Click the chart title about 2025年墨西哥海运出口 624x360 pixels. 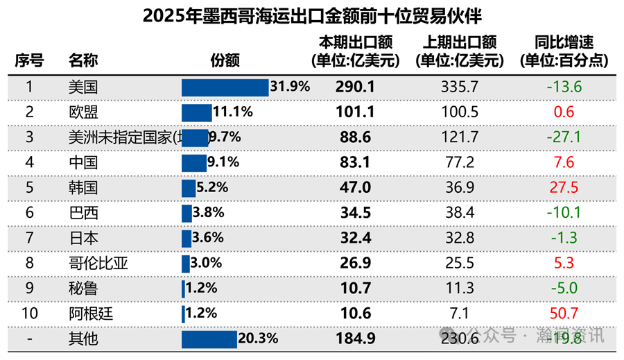click(312, 16)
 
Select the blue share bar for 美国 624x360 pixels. click(225, 87)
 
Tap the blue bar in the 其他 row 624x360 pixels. click(209, 339)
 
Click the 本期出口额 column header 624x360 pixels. click(356, 51)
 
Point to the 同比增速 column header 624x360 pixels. click(564, 51)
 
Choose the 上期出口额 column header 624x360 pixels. click(460, 51)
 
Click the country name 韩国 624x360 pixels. click(83, 188)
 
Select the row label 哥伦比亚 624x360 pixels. click(98, 264)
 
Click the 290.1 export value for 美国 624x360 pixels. click(356, 87)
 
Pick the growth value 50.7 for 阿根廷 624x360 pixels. click(564, 314)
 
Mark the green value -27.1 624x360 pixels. click(564, 137)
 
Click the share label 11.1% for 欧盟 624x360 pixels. click(233, 112)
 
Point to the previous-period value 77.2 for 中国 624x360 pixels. click(460, 163)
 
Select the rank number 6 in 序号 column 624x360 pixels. click(29, 213)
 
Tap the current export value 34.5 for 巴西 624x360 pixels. click(356, 213)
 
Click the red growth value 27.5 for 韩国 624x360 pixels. click(564, 188)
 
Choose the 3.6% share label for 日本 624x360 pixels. click(208, 238)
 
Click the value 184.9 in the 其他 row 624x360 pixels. click(356, 339)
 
